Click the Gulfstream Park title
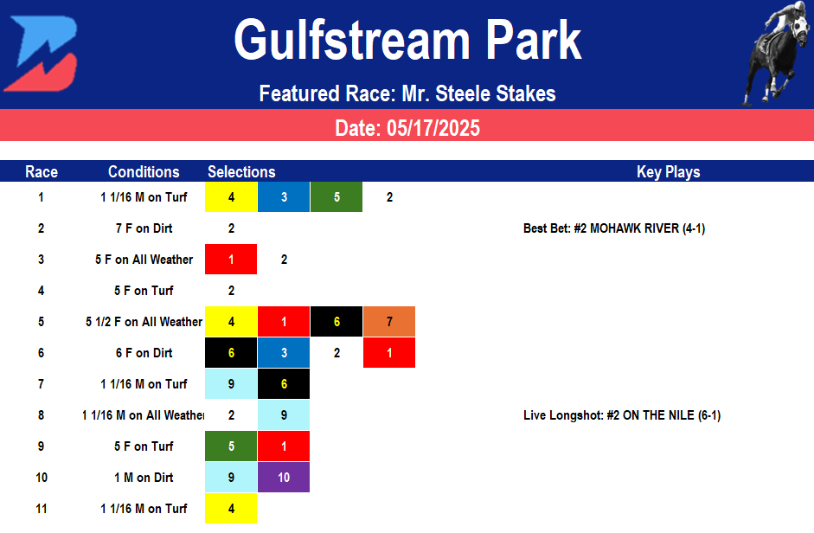tap(407, 41)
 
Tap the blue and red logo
tap(41, 54)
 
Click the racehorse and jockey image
tap(776, 54)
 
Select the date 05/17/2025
tap(407, 129)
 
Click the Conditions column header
tap(144, 171)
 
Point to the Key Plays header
tap(668, 171)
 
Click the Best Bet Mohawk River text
tap(614, 228)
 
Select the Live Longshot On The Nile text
tap(622, 415)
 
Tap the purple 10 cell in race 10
tap(284, 478)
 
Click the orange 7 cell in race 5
tap(389, 322)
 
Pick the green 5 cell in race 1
tap(336, 197)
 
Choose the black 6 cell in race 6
tap(231, 353)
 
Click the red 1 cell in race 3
tap(231, 260)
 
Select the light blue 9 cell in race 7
tap(231, 384)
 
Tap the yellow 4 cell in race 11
tap(231, 509)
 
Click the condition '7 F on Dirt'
tap(144, 228)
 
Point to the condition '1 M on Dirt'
tap(144, 478)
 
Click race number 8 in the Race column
tap(41, 415)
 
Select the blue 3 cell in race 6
tap(284, 353)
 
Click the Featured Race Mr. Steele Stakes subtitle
tap(407, 93)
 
